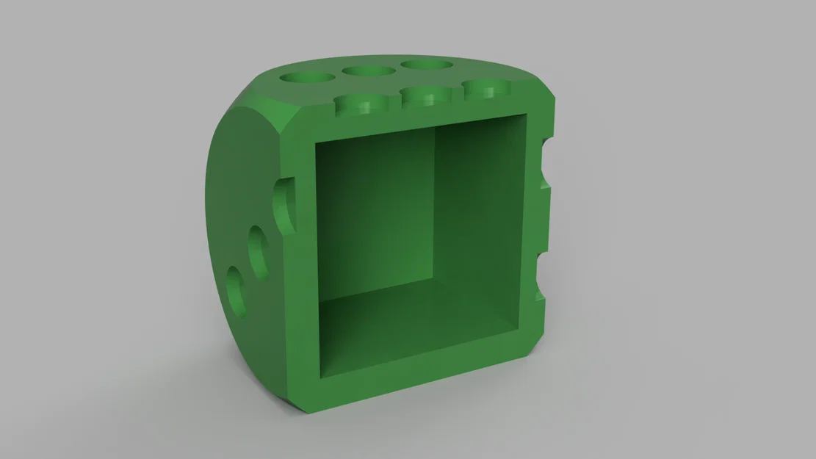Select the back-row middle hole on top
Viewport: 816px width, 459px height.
pos(368,71)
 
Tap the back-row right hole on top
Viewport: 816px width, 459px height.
pos(427,65)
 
